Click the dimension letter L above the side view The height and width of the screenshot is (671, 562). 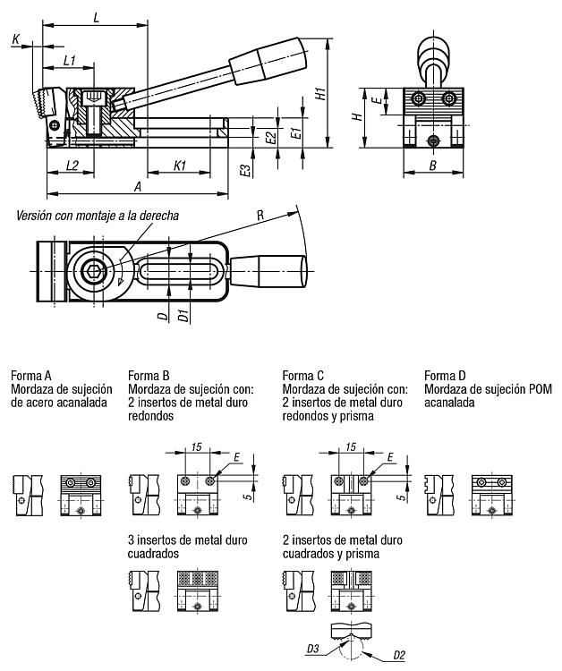96,17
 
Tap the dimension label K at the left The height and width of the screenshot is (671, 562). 16,38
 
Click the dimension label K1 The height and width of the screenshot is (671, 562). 179,165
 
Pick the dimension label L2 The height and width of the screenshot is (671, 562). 73,165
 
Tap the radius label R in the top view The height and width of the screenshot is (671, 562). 260,216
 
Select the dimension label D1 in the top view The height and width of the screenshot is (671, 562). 182,316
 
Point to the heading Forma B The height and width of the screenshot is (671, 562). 149,375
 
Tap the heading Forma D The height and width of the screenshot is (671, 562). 445,375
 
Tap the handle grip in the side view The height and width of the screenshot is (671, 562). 265,58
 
